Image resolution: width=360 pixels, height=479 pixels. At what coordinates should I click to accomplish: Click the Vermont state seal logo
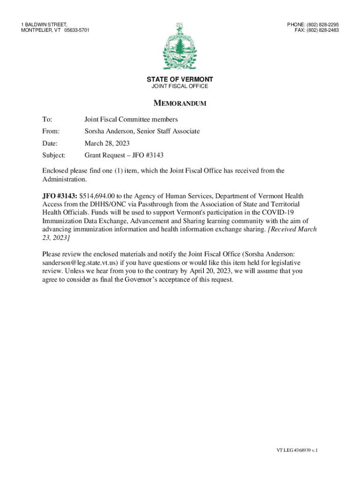(180, 47)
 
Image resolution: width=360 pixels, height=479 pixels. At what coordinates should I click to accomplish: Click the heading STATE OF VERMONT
(180, 80)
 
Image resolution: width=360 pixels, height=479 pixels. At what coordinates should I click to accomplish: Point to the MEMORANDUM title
(180, 103)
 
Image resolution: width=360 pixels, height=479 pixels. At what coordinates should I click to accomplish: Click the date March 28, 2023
(107, 143)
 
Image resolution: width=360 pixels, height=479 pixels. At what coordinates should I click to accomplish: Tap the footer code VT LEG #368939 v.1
(296, 450)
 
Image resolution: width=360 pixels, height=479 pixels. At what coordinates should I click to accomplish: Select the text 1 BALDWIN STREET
(44, 24)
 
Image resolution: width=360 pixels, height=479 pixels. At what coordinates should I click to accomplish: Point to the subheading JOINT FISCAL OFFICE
(180, 87)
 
